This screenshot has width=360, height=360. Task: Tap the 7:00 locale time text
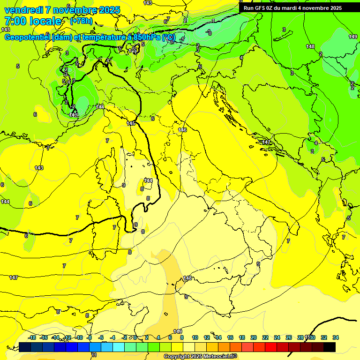[33, 21]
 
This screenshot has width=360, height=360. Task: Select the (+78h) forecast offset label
[81, 21]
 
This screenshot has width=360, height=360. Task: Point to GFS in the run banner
[262, 8]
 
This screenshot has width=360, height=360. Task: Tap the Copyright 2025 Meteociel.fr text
[200, 357]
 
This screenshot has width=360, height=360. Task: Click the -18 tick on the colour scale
[32, 337]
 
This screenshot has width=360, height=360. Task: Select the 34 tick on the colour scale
[336, 337]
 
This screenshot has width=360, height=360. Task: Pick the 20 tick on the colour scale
[254, 337]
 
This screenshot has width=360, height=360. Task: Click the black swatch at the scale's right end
[330, 347]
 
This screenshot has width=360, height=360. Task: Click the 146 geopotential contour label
[183, 130]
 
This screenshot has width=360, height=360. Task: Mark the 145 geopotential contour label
[131, 123]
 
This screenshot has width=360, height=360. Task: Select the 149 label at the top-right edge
[353, 37]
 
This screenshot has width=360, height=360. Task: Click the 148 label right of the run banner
[310, 46]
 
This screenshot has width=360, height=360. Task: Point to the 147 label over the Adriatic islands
[267, 142]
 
